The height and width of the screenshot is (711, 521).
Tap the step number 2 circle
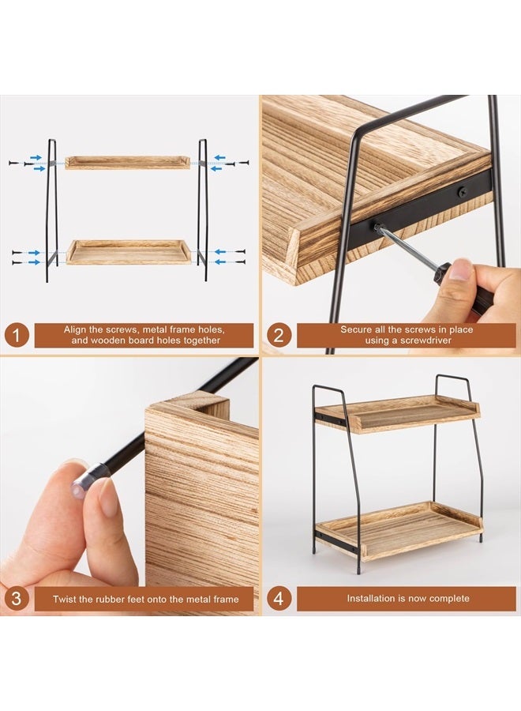tap(278, 335)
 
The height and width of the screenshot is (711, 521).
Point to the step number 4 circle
tap(278, 599)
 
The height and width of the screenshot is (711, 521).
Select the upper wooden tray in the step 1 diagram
tap(127, 163)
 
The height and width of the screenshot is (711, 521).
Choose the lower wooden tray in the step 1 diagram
tap(128, 253)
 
